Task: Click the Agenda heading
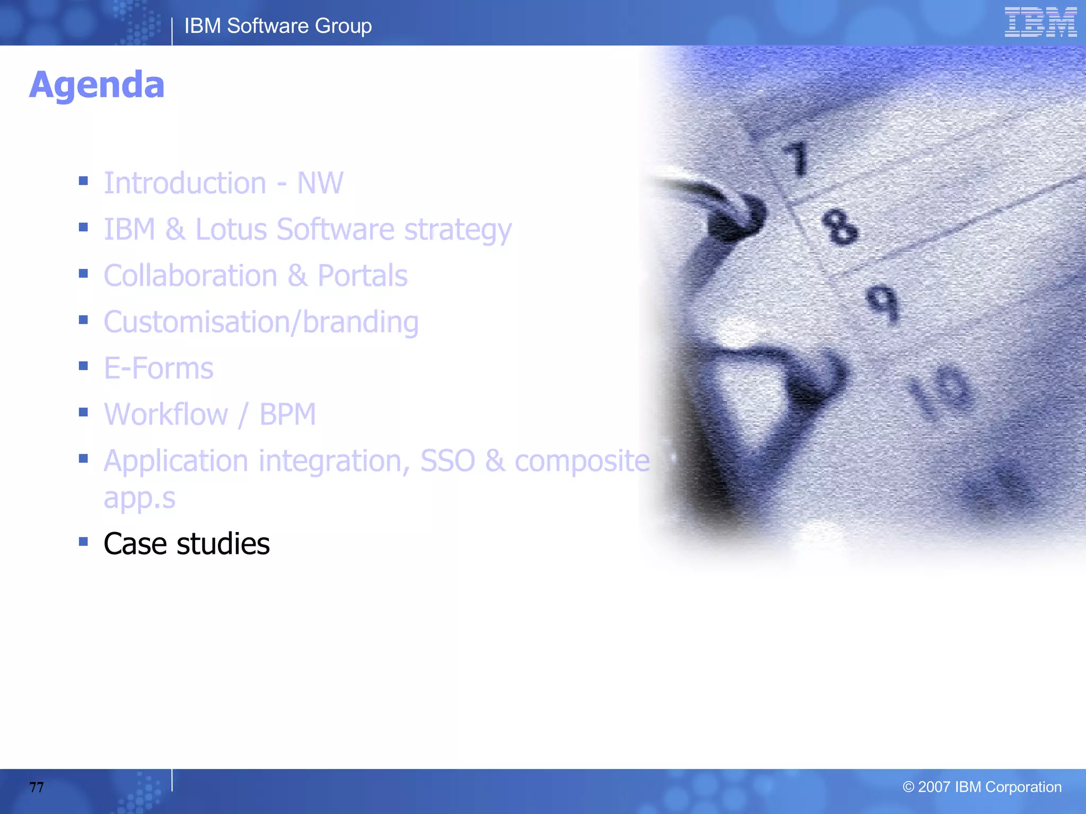coord(97,85)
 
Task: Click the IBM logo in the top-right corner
coord(1040,22)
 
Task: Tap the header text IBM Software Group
coord(278,26)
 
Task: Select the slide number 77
coord(37,787)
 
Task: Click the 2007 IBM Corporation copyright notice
coord(982,787)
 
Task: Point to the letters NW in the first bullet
coord(320,183)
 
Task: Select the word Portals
coord(362,276)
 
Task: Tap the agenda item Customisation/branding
coord(261,322)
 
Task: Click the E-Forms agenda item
coord(158,368)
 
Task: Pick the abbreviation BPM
coord(287,414)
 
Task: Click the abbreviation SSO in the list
coord(448,461)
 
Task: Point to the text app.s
coord(139,498)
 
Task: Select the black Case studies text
coord(186,544)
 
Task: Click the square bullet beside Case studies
coord(83,542)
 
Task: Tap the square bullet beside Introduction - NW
coord(83,181)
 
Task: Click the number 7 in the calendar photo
coord(796,158)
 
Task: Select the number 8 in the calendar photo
coord(839,227)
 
